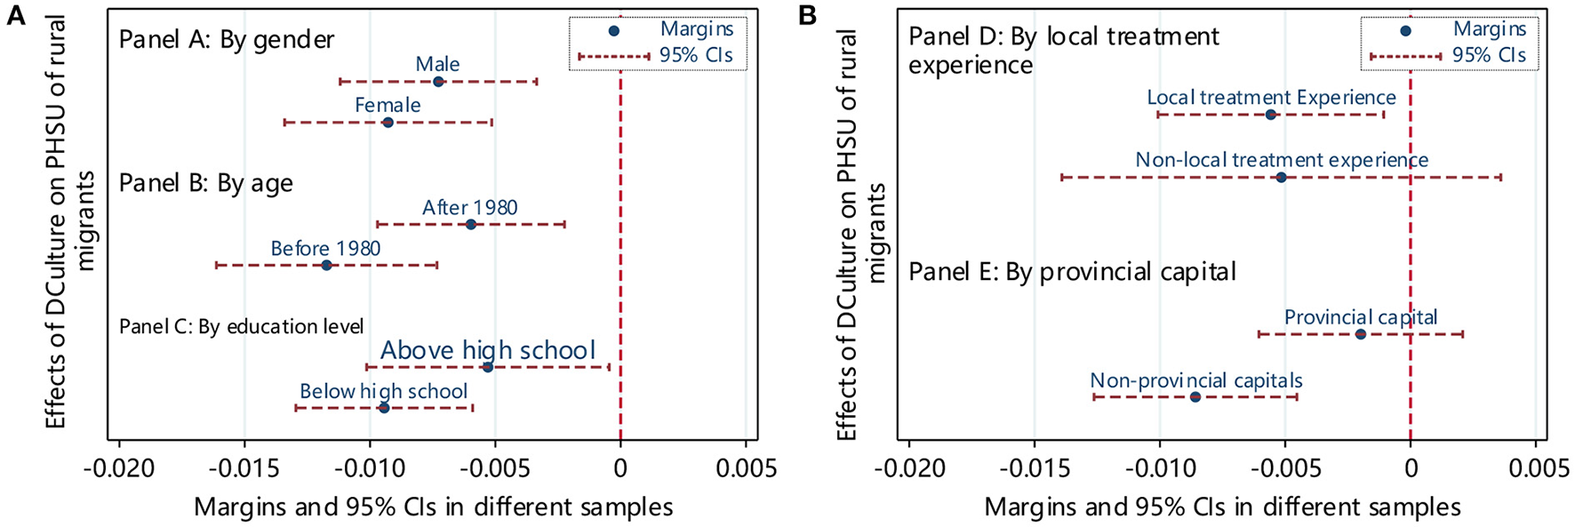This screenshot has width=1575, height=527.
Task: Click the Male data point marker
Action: point(438,81)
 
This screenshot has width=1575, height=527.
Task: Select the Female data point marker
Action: point(388,122)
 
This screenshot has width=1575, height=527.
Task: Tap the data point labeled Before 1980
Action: point(326,265)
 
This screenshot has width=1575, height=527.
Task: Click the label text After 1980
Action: point(469,208)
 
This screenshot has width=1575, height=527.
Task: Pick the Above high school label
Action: point(488,350)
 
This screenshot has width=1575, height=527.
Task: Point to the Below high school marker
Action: point(384,407)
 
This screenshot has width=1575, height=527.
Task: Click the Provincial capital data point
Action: point(1360,334)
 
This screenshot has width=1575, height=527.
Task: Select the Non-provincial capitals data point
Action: point(1195,396)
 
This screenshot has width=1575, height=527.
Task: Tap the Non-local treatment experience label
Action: point(1282,161)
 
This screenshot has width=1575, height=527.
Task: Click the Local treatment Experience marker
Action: point(1270,115)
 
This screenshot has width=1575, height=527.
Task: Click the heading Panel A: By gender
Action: point(227,40)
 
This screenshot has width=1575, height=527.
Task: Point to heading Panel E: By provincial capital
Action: point(1072,271)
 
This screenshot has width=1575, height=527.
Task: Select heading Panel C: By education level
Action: point(241,327)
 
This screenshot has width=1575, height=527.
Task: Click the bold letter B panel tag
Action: point(808,15)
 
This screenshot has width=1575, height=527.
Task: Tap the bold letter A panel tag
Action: point(16,15)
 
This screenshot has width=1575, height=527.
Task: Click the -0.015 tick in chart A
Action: point(244,468)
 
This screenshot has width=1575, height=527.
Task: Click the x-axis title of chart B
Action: point(1222,507)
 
